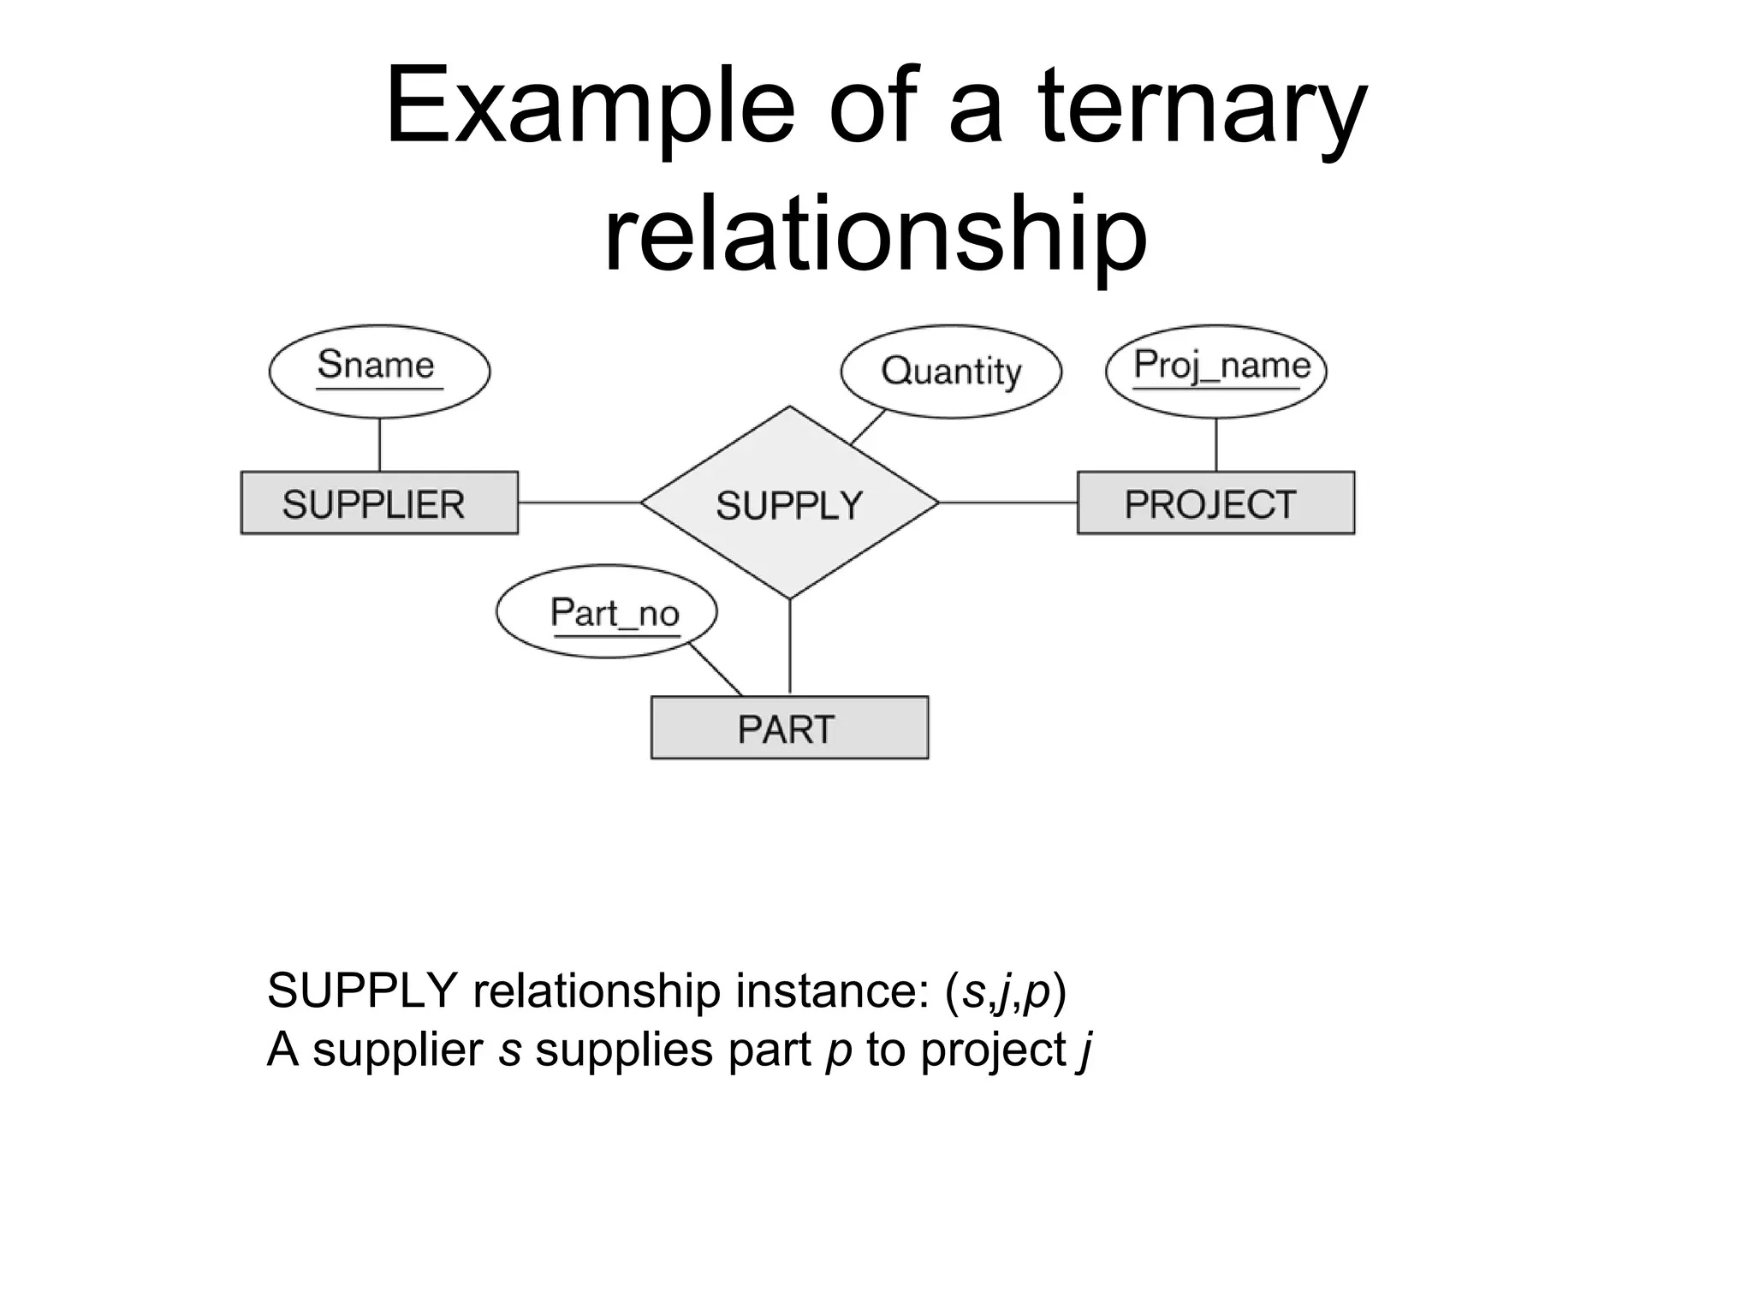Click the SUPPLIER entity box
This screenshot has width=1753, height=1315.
tap(379, 503)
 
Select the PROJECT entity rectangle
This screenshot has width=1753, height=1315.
tap(1215, 503)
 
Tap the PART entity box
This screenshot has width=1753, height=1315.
tap(789, 729)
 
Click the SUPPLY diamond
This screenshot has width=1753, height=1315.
tap(789, 503)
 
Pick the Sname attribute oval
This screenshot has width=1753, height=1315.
tap(379, 371)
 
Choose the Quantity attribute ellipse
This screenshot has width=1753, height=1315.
tap(951, 372)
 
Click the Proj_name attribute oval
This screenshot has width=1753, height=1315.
tap(1215, 371)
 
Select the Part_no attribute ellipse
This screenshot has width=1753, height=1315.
tap(606, 611)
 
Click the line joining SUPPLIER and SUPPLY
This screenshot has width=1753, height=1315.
tap(579, 503)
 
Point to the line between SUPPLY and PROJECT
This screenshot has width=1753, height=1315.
tap(1007, 503)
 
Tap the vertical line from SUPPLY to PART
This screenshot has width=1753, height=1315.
tap(789, 646)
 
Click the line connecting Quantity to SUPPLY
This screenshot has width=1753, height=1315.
tap(868, 427)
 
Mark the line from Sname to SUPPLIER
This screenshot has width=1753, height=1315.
tap(379, 444)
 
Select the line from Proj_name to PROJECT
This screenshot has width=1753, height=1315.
tap(1216, 444)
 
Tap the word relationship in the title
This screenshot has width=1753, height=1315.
tap(875, 233)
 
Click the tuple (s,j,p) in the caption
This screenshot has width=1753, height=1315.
tap(1006, 991)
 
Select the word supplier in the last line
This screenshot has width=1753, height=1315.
tap(398, 1050)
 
